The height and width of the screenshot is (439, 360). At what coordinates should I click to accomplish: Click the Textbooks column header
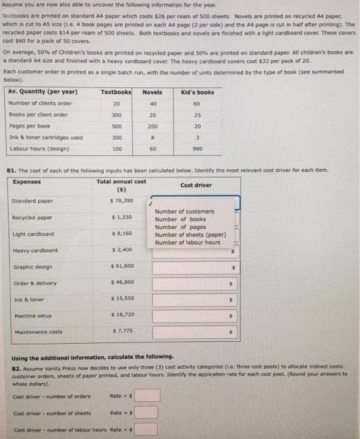(x=115, y=92)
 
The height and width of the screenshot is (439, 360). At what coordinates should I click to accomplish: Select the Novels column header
(x=152, y=92)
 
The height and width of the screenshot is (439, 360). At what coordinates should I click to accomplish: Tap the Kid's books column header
(x=197, y=92)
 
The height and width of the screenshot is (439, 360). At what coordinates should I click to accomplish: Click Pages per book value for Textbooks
(x=115, y=125)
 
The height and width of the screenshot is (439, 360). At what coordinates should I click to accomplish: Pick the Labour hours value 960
(x=197, y=149)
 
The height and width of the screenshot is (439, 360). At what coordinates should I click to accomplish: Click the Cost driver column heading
(x=196, y=185)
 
